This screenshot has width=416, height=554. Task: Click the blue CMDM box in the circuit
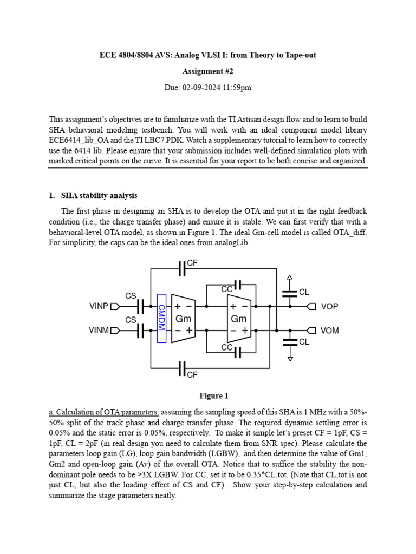pyautogui.click(x=161, y=319)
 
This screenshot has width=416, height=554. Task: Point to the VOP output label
pyautogui.click(x=329, y=307)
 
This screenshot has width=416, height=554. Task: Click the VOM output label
pyautogui.click(x=329, y=331)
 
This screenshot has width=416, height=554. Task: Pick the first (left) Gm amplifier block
pyautogui.click(x=183, y=319)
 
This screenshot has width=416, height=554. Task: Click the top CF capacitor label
pyautogui.click(x=192, y=263)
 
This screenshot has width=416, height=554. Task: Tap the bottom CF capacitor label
pyautogui.click(x=192, y=374)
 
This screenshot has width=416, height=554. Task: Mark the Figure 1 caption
pyautogui.click(x=207, y=395)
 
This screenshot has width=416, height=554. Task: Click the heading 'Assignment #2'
pyautogui.click(x=207, y=70)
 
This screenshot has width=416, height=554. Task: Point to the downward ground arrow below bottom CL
pyautogui.click(x=290, y=357)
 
